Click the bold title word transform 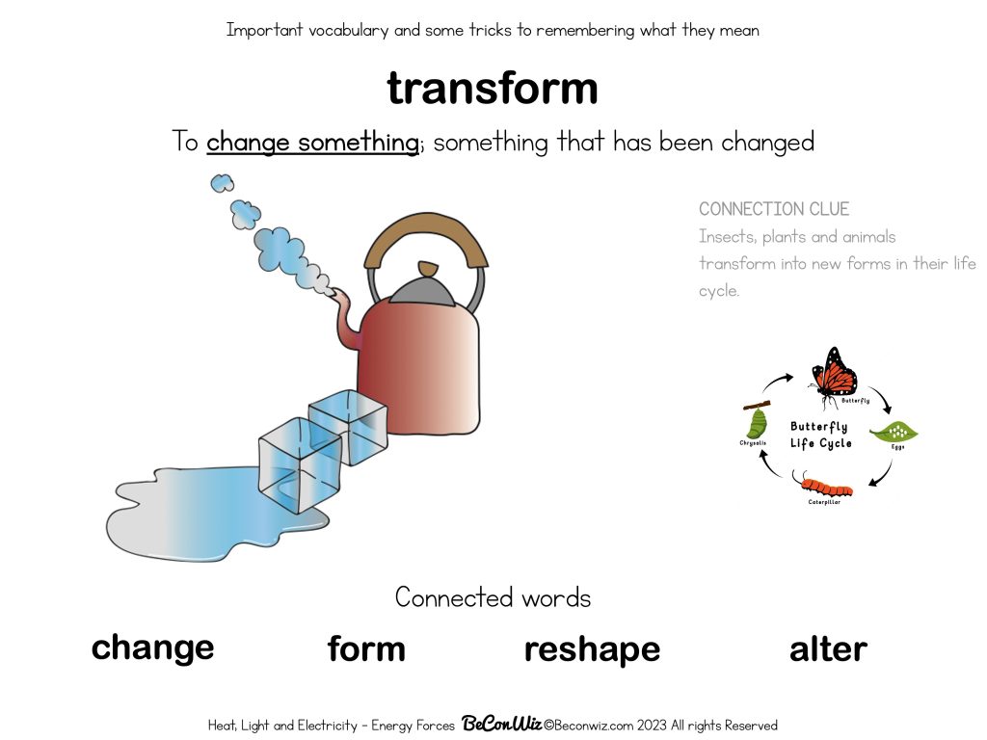493,89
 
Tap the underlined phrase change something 312,143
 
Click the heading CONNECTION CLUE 774,209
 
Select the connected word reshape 592,649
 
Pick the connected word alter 828,649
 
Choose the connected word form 366,649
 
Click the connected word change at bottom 152,647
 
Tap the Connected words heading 493,597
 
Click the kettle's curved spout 345,323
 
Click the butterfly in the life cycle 833,372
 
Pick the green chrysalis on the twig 758,420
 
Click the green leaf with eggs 893,434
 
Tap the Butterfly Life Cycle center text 820,435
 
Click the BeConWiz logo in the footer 500,725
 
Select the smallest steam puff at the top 222,182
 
